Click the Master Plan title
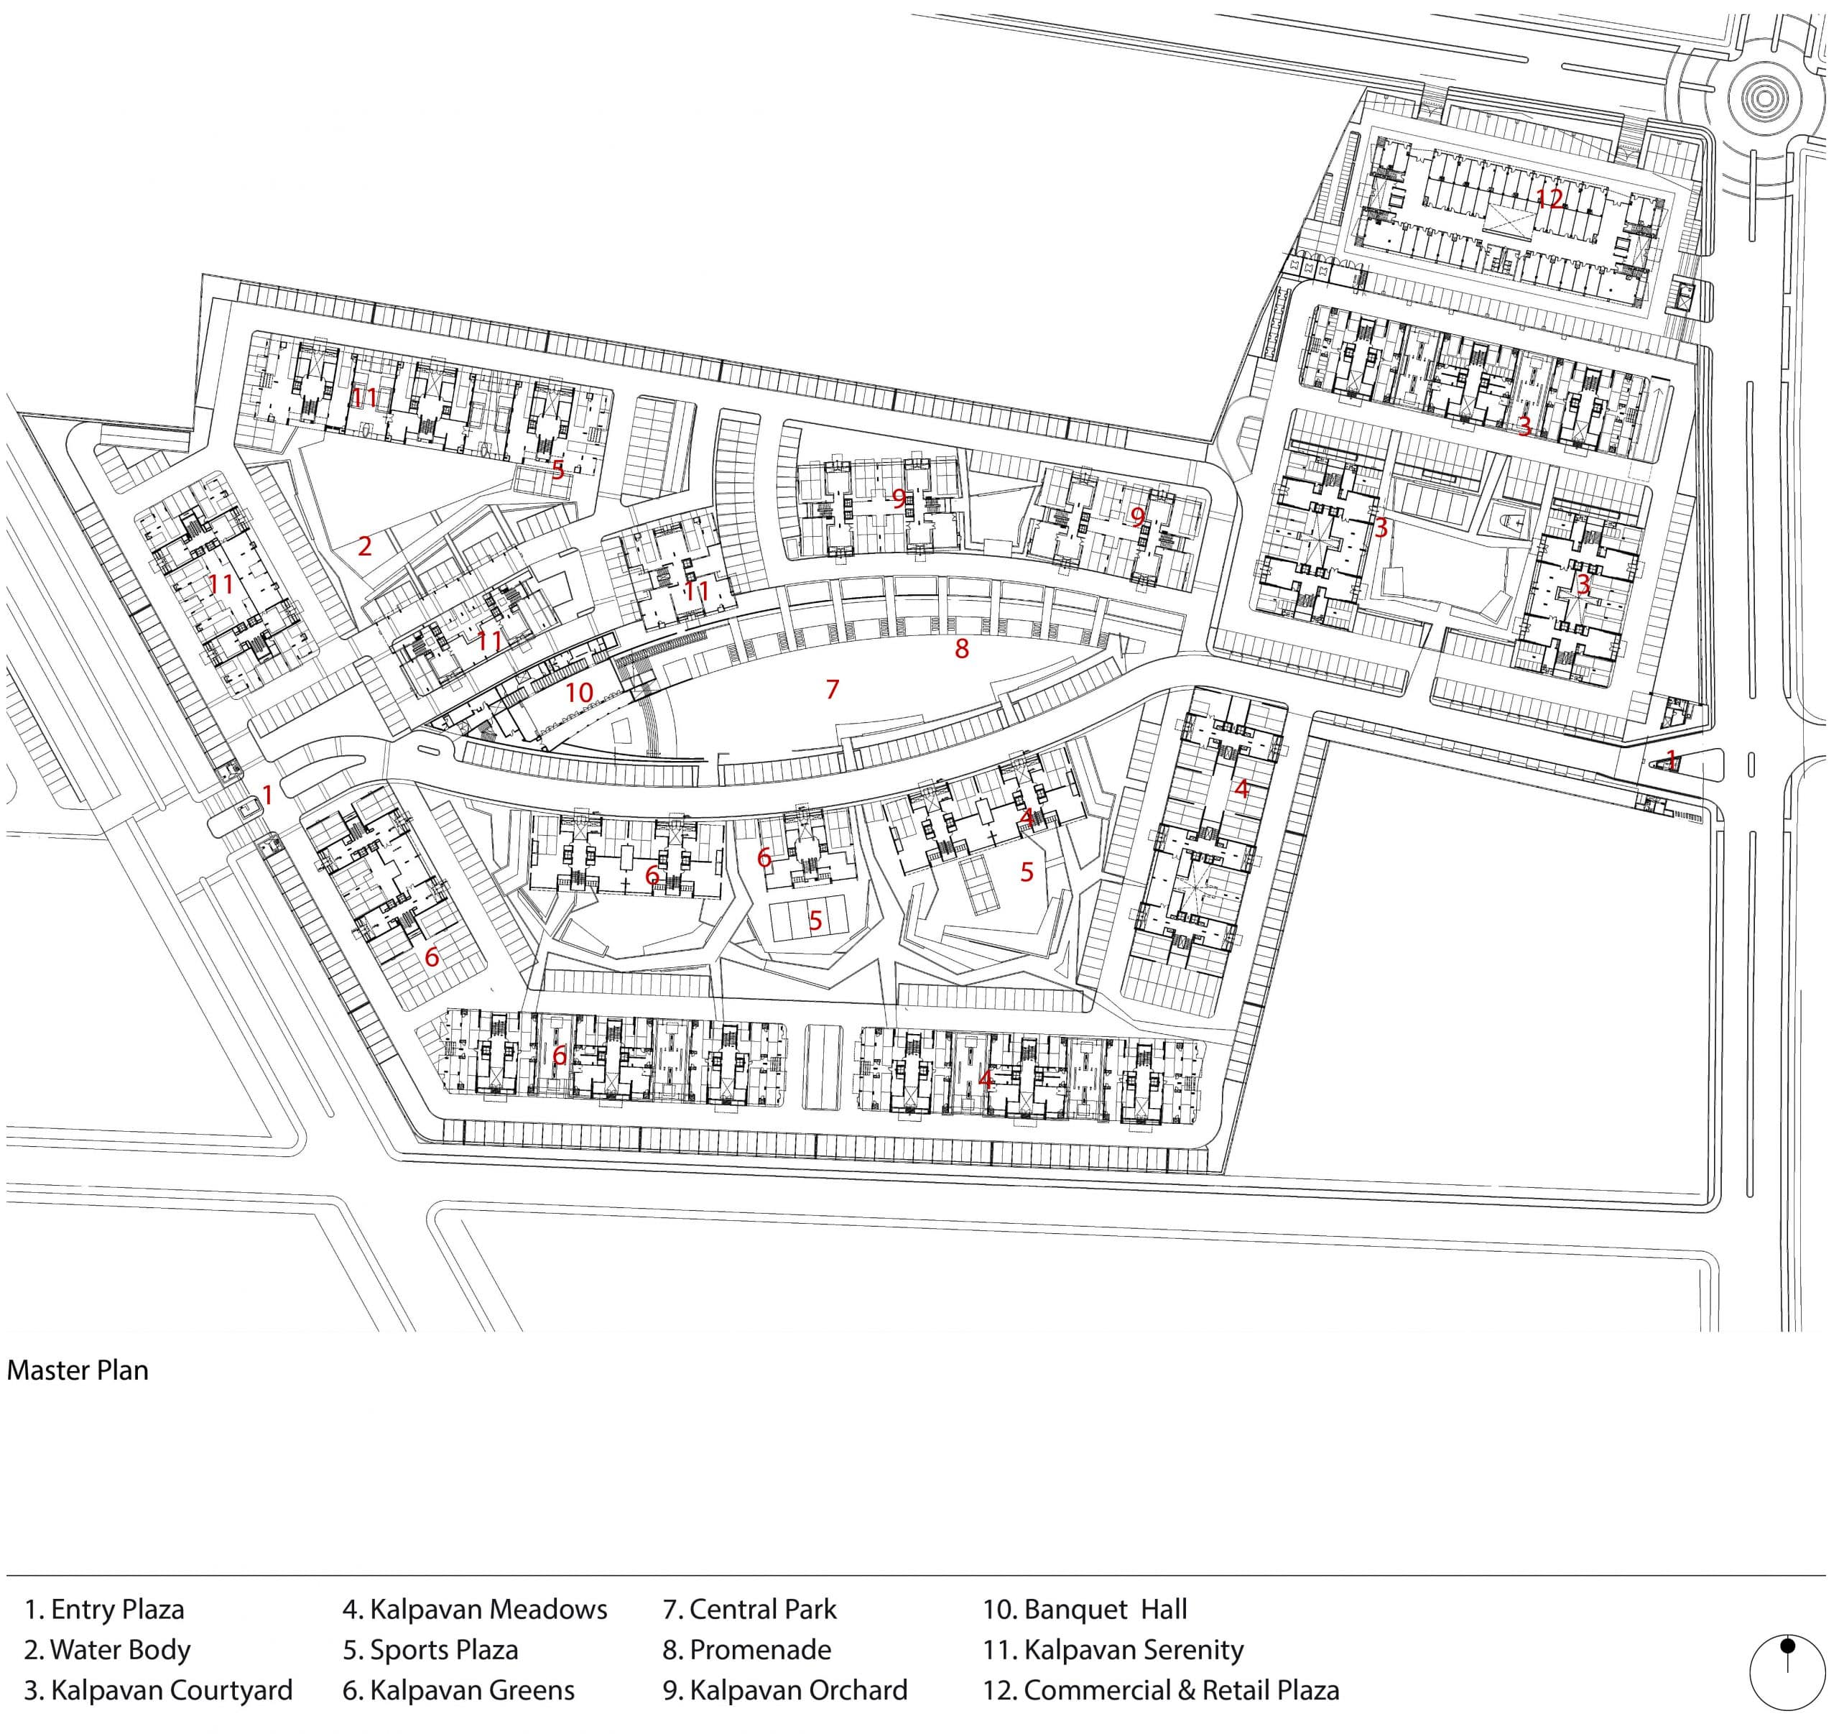(x=78, y=1370)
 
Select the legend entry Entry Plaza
(x=105, y=1609)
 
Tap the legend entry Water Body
(x=107, y=1650)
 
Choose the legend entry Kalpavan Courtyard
(x=158, y=1690)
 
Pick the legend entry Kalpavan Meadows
(x=476, y=1609)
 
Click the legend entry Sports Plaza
(x=431, y=1650)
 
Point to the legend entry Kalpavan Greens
(x=459, y=1690)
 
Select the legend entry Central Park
(x=750, y=1609)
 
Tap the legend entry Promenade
(x=747, y=1650)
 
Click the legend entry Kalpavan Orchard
(x=785, y=1690)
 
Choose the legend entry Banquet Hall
(x=1085, y=1609)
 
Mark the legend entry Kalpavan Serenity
(x=1113, y=1650)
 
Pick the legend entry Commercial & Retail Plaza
(x=1162, y=1690)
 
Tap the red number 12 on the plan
(x=1550, y=198)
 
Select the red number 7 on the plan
(x=833, y=688)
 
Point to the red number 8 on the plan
(x=962, y=649)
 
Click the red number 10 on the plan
(x=579, y=692)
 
